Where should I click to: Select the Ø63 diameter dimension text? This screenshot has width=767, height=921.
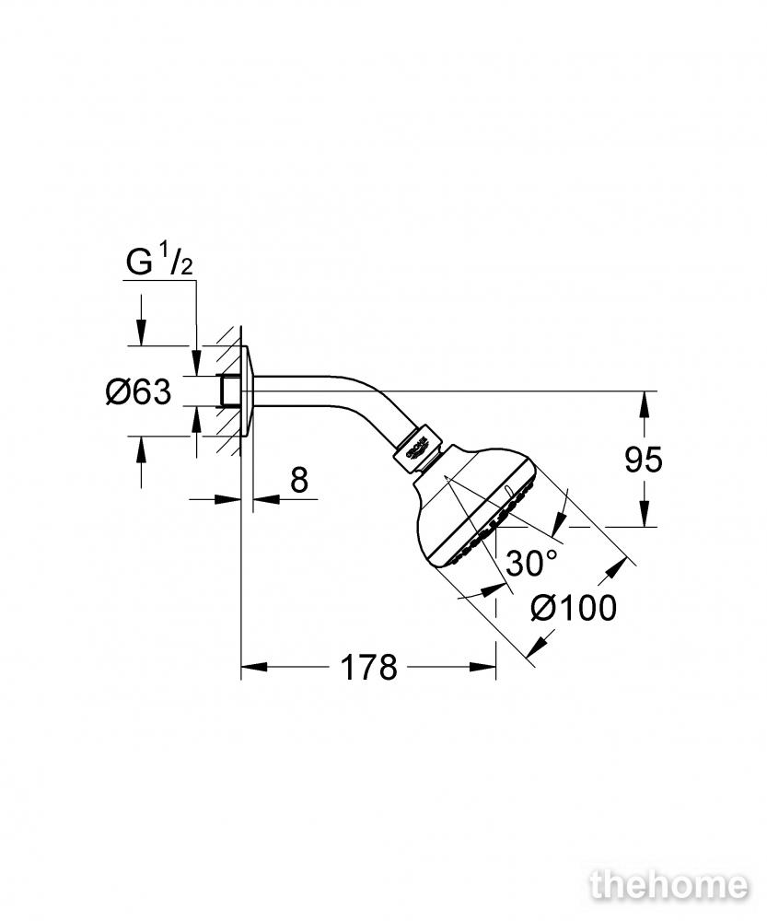click(139, 391)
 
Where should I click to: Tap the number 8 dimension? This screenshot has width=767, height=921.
click(299, 480)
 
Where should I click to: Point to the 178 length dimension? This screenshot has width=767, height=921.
click(369, 667)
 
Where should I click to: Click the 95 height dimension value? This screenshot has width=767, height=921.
click(643, 460)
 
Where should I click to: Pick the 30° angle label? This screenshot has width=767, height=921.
click(531, 563)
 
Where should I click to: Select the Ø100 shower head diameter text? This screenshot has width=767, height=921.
click(574, 607)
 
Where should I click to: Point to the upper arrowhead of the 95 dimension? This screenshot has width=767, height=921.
click(645, 404)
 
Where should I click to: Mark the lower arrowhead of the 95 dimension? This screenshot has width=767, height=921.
click(645, 513)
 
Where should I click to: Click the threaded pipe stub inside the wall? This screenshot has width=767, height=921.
click(229, 391)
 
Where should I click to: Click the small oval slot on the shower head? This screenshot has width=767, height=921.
click(508, 490)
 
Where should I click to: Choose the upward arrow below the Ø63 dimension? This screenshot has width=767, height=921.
click(141, 461)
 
